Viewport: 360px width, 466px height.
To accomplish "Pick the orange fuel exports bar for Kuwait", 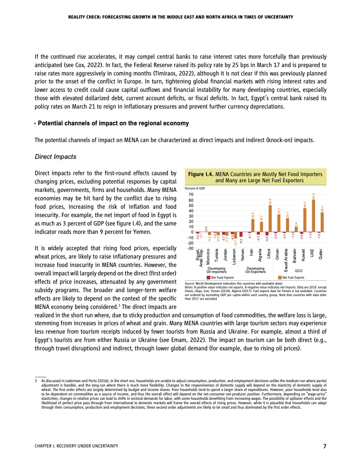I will pos(305,220).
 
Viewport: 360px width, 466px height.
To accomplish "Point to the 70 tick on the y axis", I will pos(191,195).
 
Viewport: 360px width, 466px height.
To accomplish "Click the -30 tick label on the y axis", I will pos(190,248).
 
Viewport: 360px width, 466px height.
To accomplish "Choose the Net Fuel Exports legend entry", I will pos(293,277).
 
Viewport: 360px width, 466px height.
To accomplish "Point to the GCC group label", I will pos(298,270).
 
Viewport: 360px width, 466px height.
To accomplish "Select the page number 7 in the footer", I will pos(324,446).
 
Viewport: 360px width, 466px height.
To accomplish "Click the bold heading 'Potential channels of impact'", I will pos(113,123).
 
